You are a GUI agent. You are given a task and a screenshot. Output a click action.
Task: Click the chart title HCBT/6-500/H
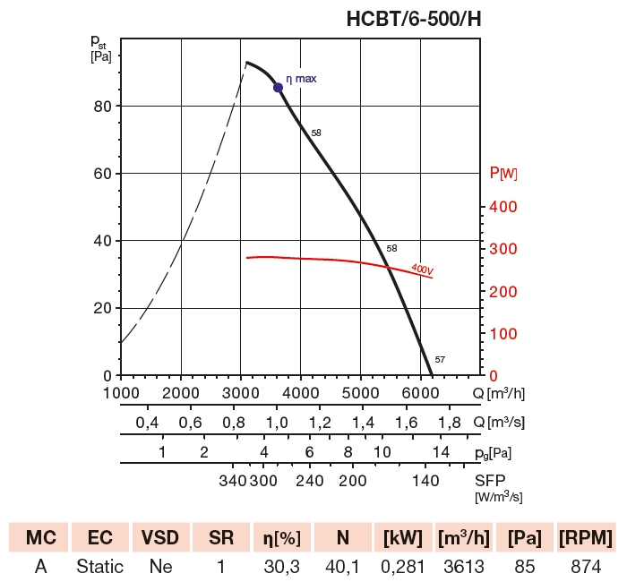coord(414,19)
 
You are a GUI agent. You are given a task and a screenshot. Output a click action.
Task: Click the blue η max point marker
coord(278,87)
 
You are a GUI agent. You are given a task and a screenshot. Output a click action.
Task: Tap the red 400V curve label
coord(423,268)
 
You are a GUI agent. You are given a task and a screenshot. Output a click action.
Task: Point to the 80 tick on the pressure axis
coord(102,106)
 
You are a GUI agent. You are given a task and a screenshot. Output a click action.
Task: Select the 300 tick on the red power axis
coord(502,250)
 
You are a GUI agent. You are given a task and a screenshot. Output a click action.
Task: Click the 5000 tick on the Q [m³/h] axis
coord(360,393)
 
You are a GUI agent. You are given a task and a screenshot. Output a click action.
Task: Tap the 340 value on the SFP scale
coord(232,481)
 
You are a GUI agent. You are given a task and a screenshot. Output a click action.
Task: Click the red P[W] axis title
coord(503,174)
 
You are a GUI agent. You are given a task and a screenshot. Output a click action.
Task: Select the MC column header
coord(41,538)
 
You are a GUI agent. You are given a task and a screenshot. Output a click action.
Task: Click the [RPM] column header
coord(586,538)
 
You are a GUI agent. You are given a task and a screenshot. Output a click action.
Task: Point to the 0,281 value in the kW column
coord(403,566)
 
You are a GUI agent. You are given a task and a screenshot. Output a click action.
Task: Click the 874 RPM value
coord(586,566)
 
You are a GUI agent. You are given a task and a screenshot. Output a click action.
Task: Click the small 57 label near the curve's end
coord(440,360)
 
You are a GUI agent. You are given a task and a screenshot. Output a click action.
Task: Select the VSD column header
coord(161,538)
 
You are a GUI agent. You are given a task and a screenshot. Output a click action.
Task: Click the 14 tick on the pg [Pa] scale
coord(441,452)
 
